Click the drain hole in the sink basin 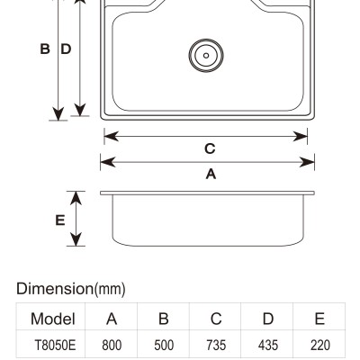pyautogui.click(x=206, y=56)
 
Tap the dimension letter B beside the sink pyautogui.click(x=45, y=49)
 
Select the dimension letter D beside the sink pyautogui.click(x=66, y=49)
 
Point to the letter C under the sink pyautogui.click(x=210, y=148)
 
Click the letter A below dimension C pyautogui.click(x=211, y=174)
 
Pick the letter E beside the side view pyautogui.click(x=60, y=220)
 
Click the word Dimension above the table pyautogui.click(x=55, y=289)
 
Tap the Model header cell pyautogui.click(x=53, y=319)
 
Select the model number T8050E pyautogui.click(x=55, y=345)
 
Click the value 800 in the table pyautogui.click(x=112, y=345)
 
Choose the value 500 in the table pyautogui.click(x=164, y=345)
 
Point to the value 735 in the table pyautogui.click(x=216, y=345)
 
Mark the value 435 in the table pyautogui.click(x=268, y=345)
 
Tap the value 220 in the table pyautogui.click(x=320, y=345)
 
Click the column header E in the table pyautogui.click(x=319, y=319)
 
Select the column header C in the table pyautogui.click(x=216, y=319)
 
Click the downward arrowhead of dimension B pyautogui.click(x=58, y=114)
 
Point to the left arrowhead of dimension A pyautogui.click(x=107, y=162)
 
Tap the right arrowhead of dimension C pyautogui.click(x=301, y=137)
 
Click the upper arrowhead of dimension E pyautogui.click(x=76, y=198)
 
